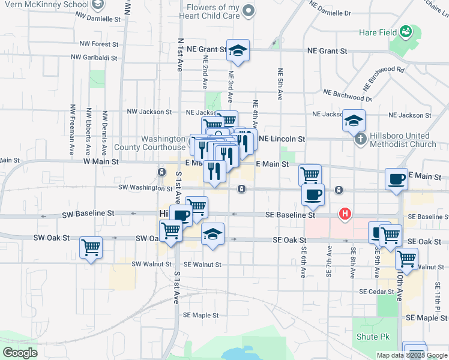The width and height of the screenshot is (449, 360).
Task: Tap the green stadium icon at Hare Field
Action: point(406,31)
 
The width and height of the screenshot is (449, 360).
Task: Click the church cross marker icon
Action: point(360,139)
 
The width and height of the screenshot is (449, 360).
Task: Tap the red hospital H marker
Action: point(345,213)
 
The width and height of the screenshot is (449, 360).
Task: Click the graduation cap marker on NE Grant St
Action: point(238,51)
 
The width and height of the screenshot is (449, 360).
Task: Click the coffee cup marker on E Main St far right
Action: point(396,179)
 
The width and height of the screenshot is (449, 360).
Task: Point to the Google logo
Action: point(20,353)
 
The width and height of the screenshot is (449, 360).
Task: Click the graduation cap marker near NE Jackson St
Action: point(354,119)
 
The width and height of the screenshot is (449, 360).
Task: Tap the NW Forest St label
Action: point(99,44)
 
